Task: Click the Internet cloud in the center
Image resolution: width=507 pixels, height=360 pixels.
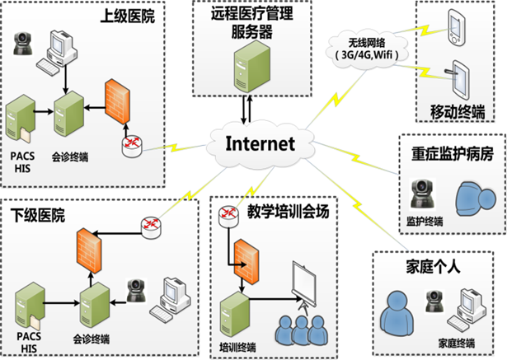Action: click(x=258, y=144)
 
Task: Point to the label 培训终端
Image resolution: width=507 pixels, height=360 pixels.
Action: click(x=235, y=348)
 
